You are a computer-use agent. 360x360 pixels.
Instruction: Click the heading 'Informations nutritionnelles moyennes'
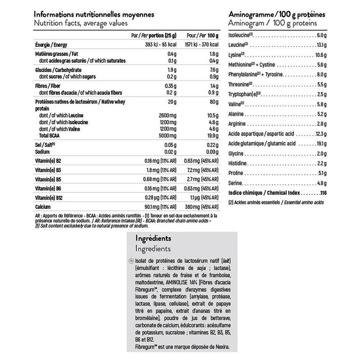[95, 14]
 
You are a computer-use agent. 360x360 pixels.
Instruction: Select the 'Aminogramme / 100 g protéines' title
[278, 14]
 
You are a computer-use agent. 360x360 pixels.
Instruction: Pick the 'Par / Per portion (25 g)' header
[153, 35]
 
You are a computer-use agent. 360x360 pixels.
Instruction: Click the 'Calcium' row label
[44, 207]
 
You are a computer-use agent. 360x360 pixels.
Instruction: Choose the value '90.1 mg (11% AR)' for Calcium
[161, 207]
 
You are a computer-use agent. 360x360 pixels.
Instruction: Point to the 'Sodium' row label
[42, 152]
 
